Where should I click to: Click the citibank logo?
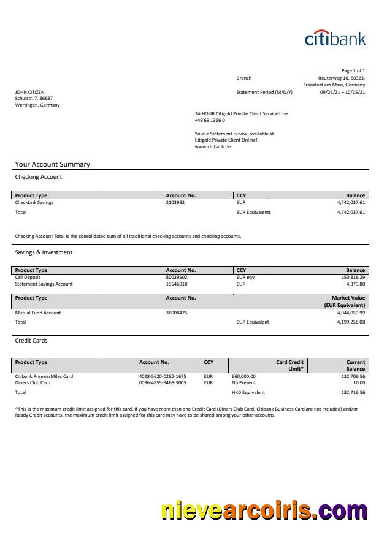tap(335, 38)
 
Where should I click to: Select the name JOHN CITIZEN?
tap(29, 93)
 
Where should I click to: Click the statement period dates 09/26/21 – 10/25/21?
tap(342, 93)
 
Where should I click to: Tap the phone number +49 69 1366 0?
tap(210, 121)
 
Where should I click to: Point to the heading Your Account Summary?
tap(52, 164)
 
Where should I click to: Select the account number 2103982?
tap(175, 203)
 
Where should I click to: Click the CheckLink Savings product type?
tap(34, 203)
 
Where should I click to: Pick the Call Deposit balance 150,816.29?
tap(351, 278)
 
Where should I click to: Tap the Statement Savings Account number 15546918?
tap(177, 284)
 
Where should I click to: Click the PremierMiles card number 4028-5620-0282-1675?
tap(163, 376)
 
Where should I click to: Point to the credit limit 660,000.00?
tap(243, 376)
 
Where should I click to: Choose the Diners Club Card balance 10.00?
tap(359, 383)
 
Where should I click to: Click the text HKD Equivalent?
tap(248, 393)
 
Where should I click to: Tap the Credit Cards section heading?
tap(31, 341)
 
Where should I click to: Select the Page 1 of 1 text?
tap(353, 71)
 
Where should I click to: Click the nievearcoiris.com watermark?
tap(264, 510)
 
